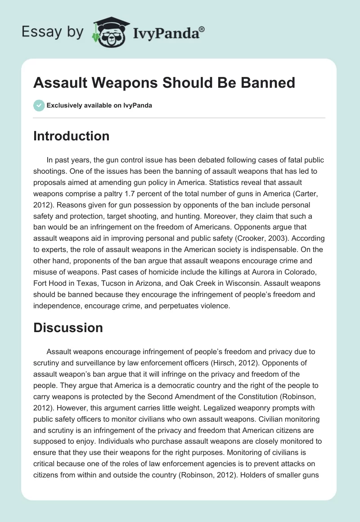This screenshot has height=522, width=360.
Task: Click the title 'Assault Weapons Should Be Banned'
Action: click(164, 82)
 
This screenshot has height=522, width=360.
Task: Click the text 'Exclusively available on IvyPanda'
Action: click(99, 105)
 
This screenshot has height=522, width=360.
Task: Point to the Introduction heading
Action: click(71, 136)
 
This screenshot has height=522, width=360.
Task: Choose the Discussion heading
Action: click(68, 328)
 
